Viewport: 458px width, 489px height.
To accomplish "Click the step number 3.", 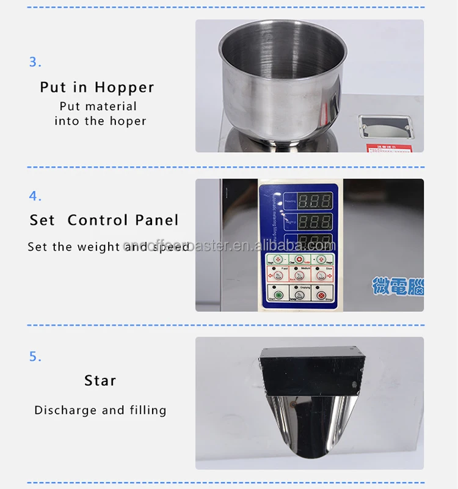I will click(35, 62).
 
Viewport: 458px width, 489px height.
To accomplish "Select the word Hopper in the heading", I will click(125, 87).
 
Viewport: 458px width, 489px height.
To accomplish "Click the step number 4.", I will click(35, 196).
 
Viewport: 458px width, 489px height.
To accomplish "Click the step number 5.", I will click(35, 357).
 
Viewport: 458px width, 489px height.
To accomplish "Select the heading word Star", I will click(100, 381).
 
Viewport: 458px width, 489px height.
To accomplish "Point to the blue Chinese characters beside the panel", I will click(398, 286).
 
